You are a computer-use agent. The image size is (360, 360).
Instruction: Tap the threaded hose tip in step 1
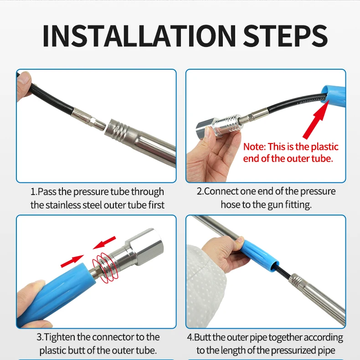point(98,124)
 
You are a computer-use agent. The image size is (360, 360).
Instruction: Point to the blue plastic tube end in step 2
point(334,96)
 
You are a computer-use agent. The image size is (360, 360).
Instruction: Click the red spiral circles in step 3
point(105,268)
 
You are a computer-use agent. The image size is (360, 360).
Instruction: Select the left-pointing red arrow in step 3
point(104,243)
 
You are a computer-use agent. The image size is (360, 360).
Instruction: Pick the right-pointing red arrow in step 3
point(72,261)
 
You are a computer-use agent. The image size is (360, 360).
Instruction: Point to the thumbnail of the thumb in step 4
point(239,241)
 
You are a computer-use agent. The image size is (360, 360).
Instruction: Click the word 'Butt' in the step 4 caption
point(202,337)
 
